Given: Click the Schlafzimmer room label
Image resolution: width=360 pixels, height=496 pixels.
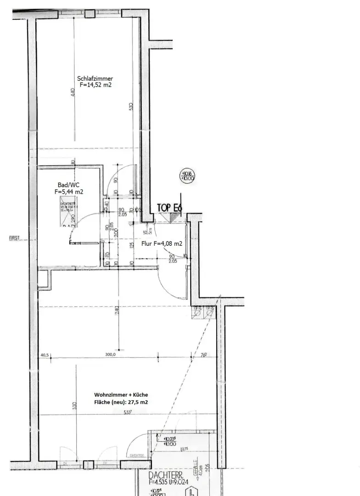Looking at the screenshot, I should pos(95,79).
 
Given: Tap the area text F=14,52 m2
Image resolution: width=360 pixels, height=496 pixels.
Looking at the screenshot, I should pos(95,85).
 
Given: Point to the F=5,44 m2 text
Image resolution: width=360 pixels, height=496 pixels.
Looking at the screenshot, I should pos(69,192).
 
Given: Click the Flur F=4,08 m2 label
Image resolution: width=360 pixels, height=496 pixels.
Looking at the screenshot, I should pos(162,244).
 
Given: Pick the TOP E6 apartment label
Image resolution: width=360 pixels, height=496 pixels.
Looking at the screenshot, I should pos(169,208).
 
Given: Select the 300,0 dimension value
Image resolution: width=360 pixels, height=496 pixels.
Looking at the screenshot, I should pos(111,355).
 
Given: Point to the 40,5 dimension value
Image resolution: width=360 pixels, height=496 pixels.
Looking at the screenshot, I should pos(45,355).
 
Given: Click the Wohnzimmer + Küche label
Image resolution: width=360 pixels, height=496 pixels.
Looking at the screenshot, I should pos(121,395).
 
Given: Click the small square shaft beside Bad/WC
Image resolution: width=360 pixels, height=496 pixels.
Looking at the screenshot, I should pos(44,280).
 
